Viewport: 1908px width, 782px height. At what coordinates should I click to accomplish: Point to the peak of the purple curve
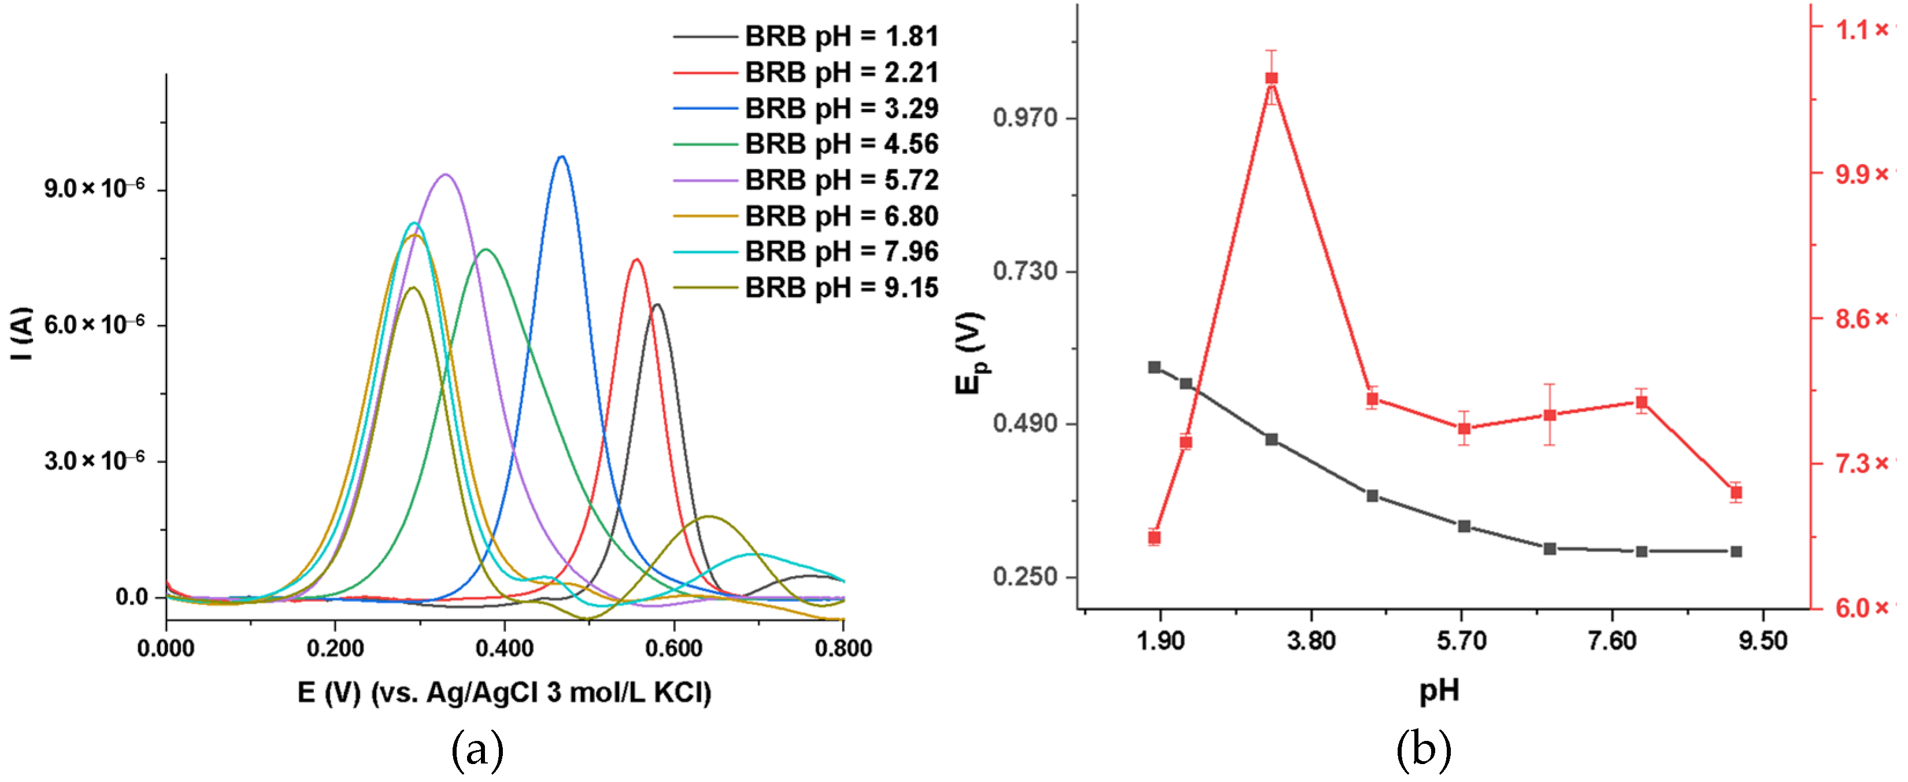(445, 175)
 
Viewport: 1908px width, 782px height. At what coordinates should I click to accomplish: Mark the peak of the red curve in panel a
(635, 260)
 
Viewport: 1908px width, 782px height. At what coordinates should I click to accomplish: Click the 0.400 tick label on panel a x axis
(505, 648)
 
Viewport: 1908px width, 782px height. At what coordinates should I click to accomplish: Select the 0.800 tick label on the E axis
(843, 648)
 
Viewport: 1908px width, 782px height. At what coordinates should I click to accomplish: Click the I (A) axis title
(22, 334)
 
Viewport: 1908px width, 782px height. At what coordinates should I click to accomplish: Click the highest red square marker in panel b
(1272, 78)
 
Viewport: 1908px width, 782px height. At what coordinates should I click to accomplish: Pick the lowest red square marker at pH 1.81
(1154, 537)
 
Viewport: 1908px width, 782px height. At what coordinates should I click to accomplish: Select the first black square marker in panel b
(1154, 367)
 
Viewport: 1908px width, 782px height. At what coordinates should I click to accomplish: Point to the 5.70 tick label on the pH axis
(1461, 640)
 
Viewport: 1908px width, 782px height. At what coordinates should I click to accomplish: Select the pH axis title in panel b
(1439, 691)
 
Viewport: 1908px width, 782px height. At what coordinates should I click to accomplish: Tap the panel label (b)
(1423, 750)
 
